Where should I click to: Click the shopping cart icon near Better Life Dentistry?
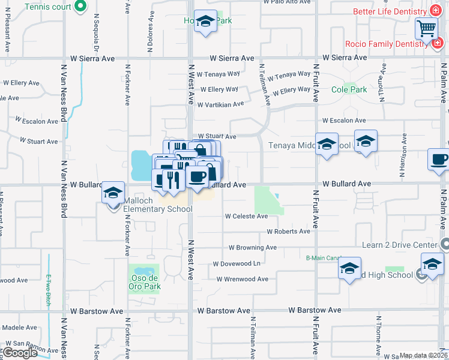[426, 28]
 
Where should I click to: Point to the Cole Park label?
[349, 90]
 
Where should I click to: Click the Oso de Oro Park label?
[144, 282]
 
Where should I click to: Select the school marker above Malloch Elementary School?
[112, 193]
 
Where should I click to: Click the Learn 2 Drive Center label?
[399, 245]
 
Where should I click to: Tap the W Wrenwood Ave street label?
[243, 279]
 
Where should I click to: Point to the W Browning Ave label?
[252, 247]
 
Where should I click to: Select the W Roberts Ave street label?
[288, 232]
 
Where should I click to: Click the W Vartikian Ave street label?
[221, 104]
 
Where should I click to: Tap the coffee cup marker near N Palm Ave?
[439, 160]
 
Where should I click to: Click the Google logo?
[20, 353]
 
